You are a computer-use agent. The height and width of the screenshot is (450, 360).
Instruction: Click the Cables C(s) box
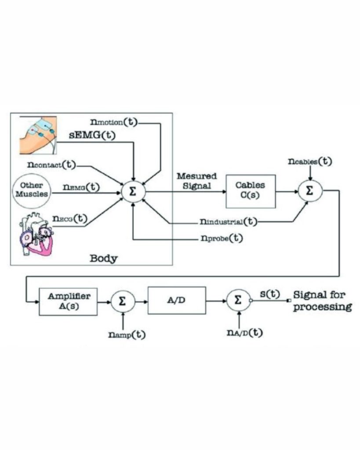[251, 191]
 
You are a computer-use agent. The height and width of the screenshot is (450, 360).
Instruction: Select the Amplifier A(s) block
[68, 301]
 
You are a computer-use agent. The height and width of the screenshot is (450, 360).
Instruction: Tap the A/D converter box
[176, 301]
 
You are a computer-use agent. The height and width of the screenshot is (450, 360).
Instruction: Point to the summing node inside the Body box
[133, 192]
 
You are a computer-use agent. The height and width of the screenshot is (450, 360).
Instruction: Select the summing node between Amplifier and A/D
[122, 301]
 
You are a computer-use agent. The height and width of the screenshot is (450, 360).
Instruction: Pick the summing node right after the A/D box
[238, 301]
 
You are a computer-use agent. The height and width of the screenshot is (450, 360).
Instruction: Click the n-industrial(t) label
[229, 221]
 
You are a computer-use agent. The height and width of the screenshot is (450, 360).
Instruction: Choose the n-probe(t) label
[220, 238]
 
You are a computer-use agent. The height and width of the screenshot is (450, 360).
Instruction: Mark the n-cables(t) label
[310, 161]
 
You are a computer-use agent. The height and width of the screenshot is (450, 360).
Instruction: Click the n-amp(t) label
[127, 334]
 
